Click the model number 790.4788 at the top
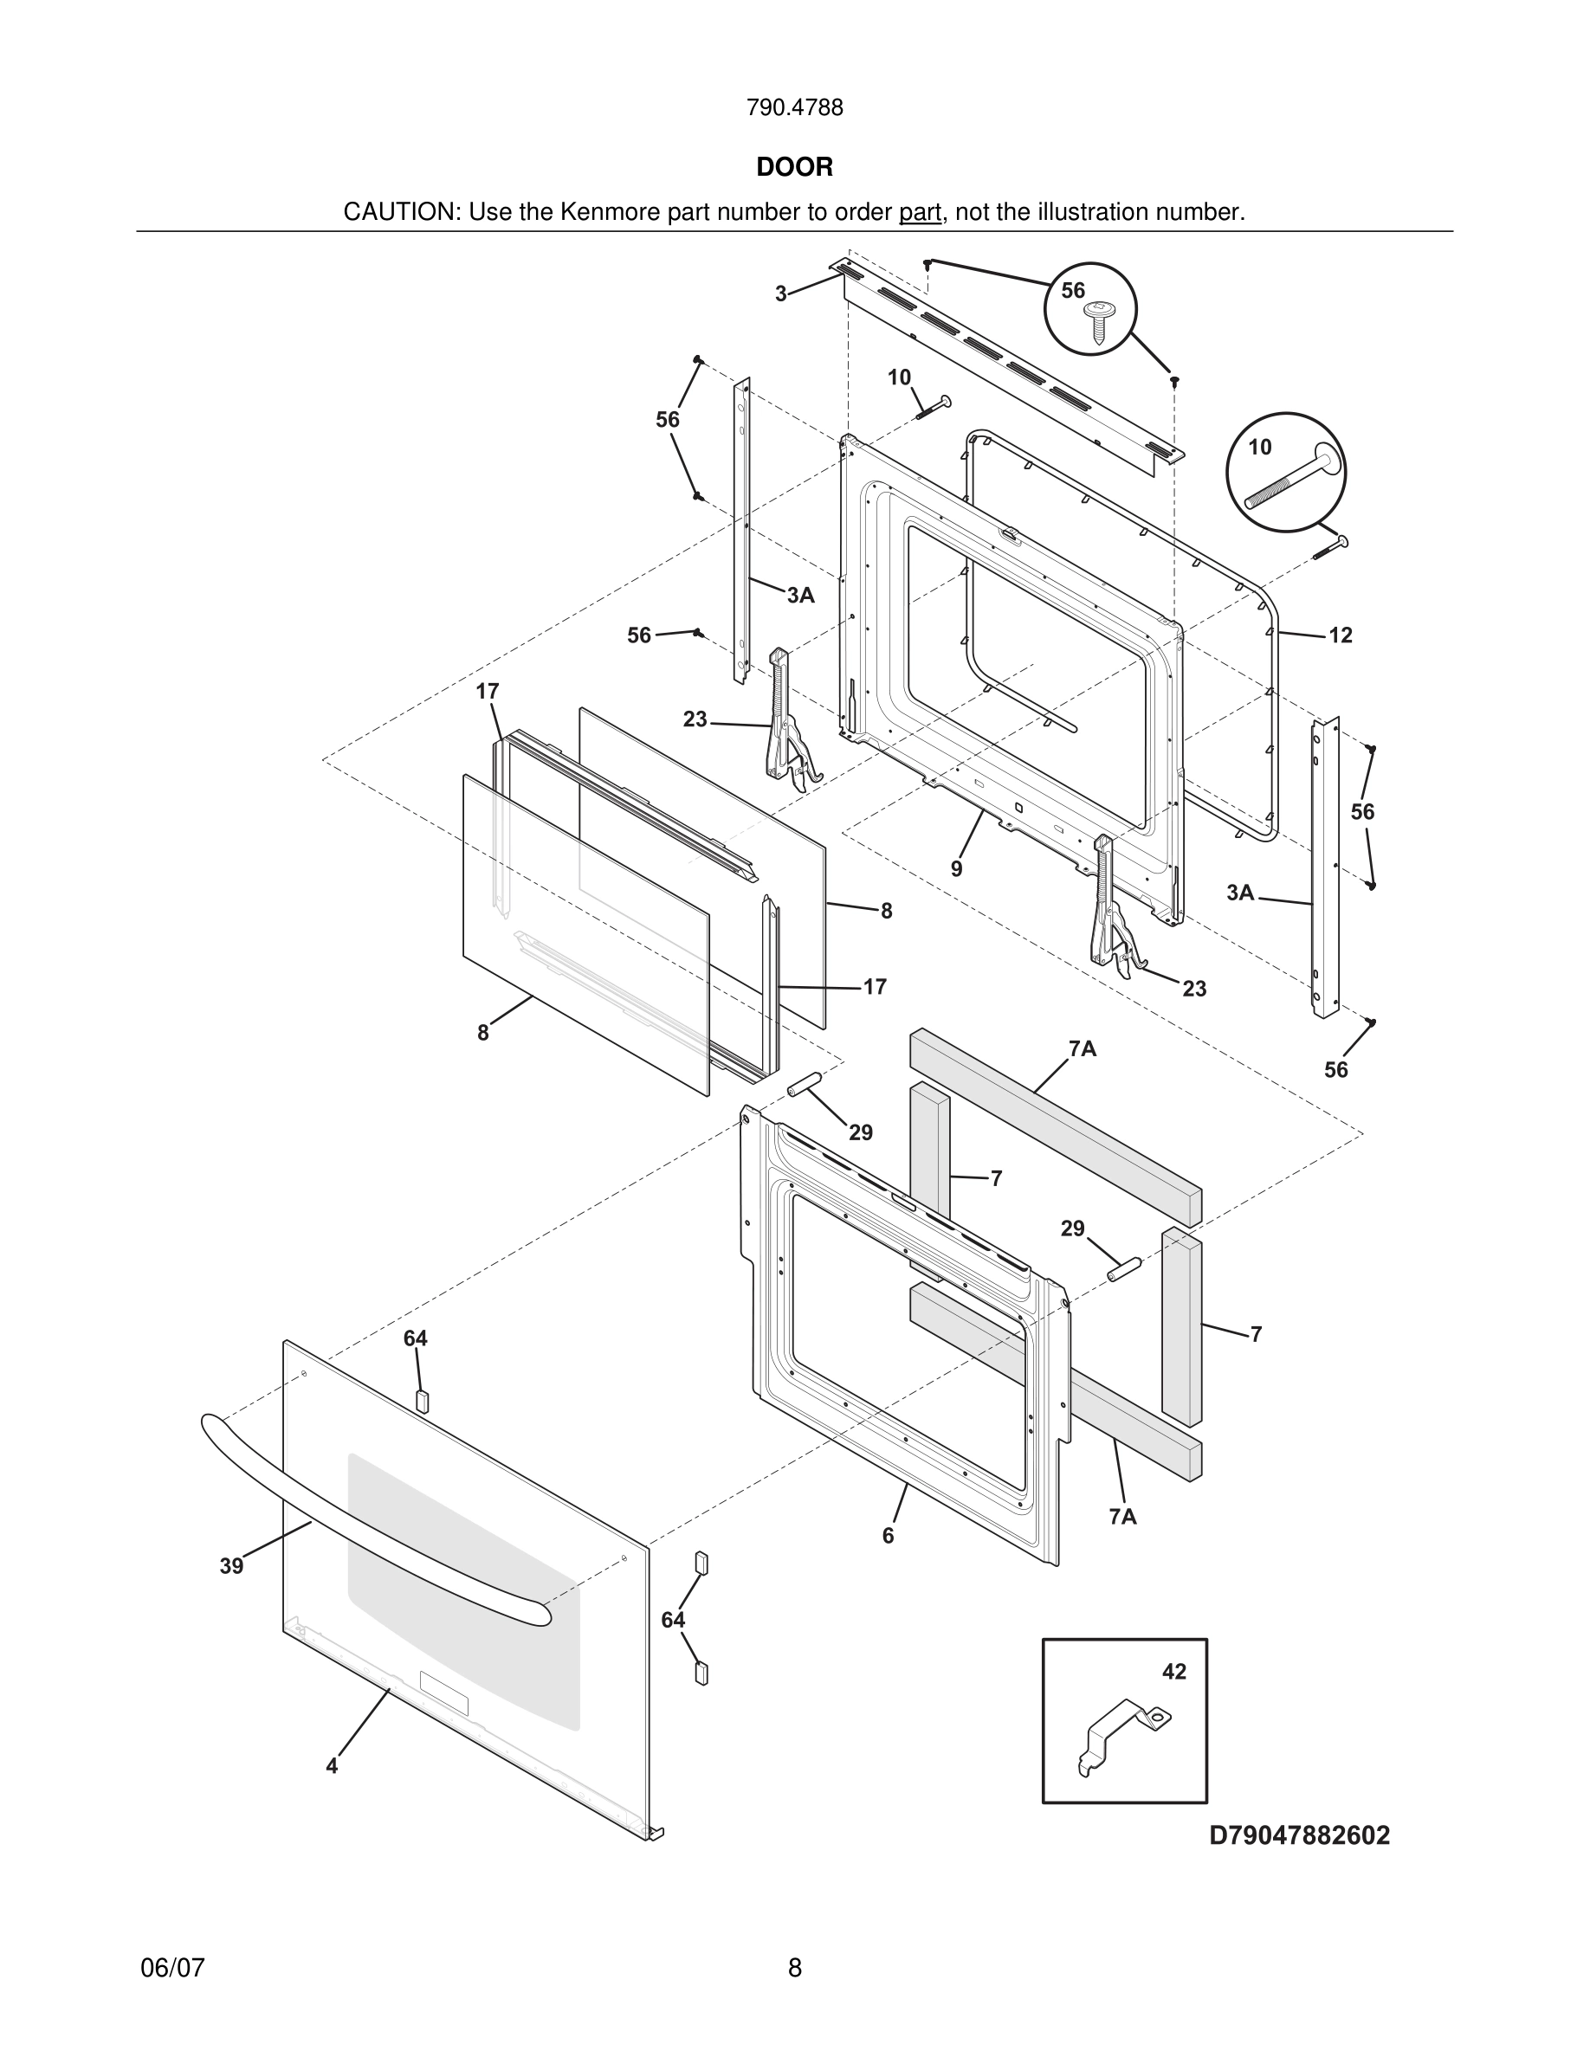tap(794, 108)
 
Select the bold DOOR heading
tap(794, 168)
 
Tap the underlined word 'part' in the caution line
tap(920, 213)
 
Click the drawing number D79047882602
tap(1299, 1835)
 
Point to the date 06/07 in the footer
tap(172, 1968)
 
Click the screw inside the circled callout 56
tap(1097, 321)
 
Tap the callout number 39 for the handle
tap(232, 1566)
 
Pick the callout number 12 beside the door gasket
tap(1341, 635)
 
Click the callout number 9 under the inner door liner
tap(956, 869)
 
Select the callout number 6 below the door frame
tap(888, 1536)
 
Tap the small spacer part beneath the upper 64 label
tap(421, 1400)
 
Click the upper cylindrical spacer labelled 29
tap(805, 1083)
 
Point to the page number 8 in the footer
tap(794, 1968)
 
